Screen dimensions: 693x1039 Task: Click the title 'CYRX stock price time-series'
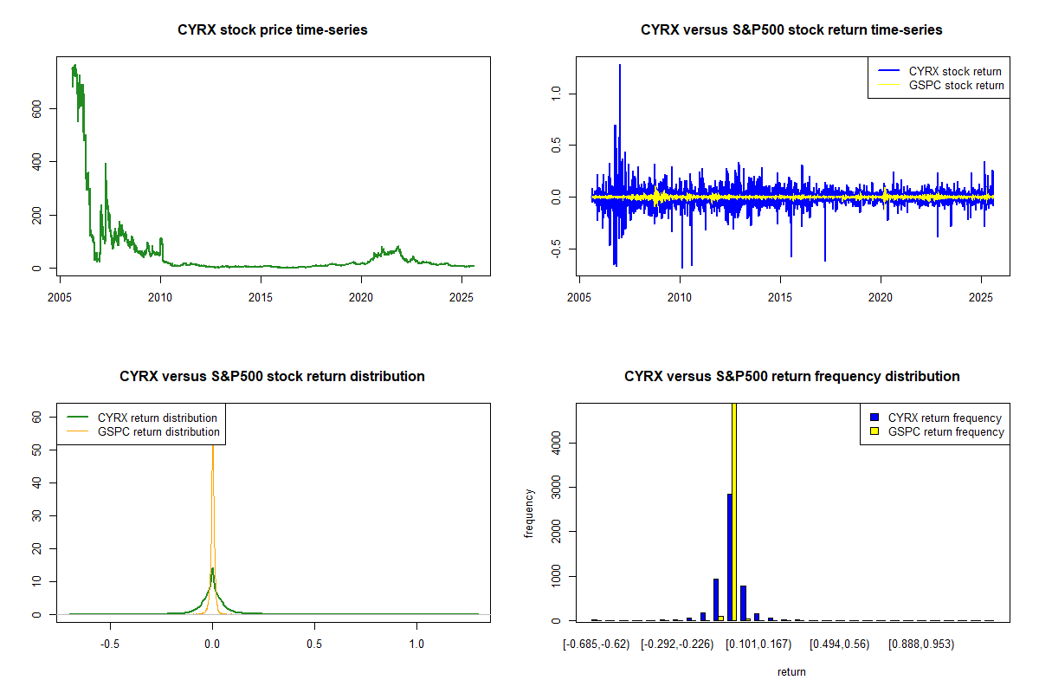coord(272,30)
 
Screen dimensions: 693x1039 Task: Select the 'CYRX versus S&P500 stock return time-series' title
coord(791,30)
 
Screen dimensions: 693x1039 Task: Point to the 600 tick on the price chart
coord(35,108)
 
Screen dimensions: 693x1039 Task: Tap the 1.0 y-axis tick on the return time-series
coord(555,93)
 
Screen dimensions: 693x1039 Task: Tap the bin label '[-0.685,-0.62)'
coord(593,644)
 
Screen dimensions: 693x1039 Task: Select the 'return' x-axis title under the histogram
coord(791,671)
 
